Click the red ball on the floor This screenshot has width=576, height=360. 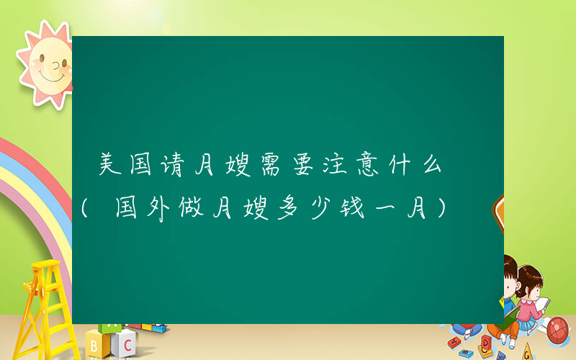click(559, 330)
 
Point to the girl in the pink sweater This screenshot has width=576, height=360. click(529, 295)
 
